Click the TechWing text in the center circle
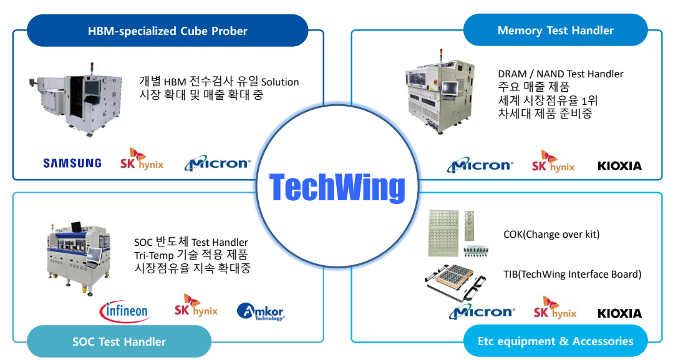337,187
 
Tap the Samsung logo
72,163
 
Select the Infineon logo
125,311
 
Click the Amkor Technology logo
261,311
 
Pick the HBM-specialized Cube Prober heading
167,31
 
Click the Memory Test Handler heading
555,31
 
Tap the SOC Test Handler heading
119,342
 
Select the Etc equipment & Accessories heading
555,341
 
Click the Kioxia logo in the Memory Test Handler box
619,166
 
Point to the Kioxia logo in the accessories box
619,313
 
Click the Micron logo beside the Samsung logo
217,163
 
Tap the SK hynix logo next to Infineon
196,306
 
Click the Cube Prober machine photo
76,100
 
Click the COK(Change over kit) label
551,235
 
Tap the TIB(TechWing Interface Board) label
572,275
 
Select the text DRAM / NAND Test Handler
560,74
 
